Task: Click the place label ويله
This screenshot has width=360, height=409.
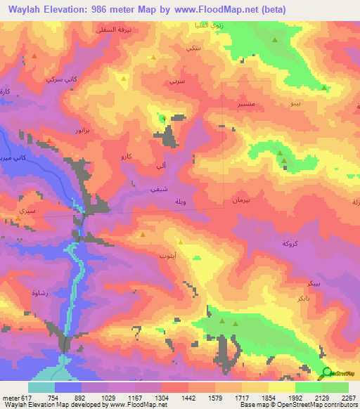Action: tap(179, 202)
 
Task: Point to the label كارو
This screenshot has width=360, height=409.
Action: tap(127, 155)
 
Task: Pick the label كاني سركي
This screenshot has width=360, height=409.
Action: tap(58, 81)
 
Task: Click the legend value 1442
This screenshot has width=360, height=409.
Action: tap(189, 397)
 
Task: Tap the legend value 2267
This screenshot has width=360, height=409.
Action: tap(349, 397)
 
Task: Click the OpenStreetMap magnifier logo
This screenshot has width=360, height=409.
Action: tap(326, 373)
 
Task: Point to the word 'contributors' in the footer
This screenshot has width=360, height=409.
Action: tap(340, 405)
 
